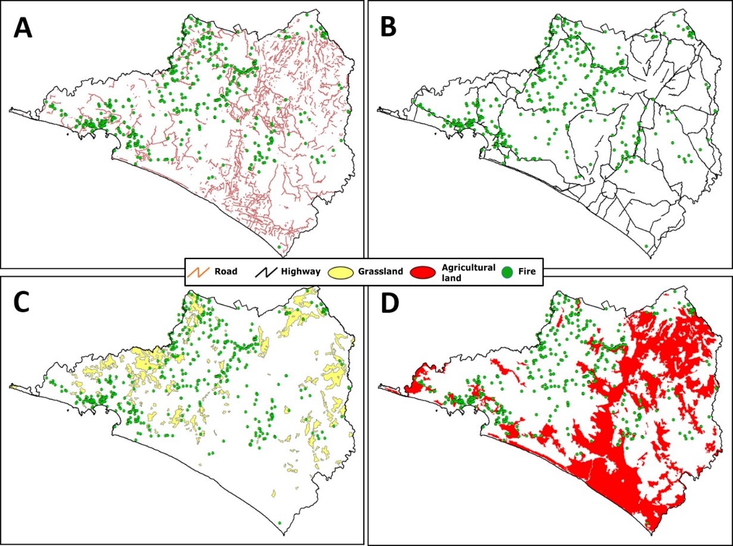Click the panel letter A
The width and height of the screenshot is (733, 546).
click(23, 28)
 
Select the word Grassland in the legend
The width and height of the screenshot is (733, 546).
click(380, 272)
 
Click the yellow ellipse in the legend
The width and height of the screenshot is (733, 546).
click(342, 272)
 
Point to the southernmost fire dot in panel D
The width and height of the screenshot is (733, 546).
click(646, 522)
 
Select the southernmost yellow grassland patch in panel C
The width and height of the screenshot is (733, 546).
click(273, 494)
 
